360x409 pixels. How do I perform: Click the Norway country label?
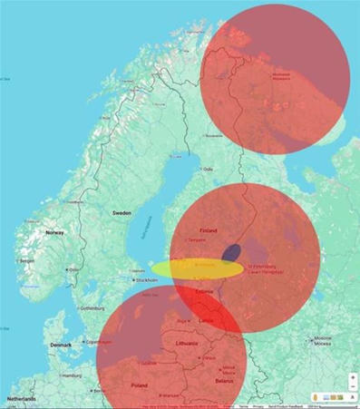(55, 233)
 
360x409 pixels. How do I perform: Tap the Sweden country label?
(122, 212)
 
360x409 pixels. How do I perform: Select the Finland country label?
(208, 230)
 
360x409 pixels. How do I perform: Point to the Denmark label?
(61, 346)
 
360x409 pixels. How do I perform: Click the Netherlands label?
(23, 399)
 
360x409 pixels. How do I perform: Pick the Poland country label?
(139, 385)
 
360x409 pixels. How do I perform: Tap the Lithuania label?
(187, 344)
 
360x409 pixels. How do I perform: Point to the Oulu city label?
(208, 170)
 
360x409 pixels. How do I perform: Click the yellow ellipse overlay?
(197, 269)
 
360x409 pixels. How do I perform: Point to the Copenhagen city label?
(98, 341)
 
